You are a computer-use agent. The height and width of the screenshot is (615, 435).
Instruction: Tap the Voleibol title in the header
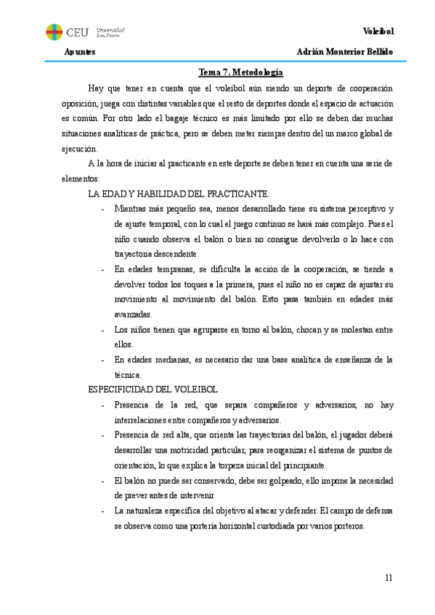coord(377,31)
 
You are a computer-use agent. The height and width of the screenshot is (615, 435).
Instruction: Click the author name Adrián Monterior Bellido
coord(345,53)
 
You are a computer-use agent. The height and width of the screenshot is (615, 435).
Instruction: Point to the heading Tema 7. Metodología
coord(240,73)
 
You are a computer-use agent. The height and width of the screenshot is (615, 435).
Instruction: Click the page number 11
coord(389,577)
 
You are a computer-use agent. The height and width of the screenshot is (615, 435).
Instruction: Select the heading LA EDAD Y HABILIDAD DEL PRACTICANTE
coord(179,194)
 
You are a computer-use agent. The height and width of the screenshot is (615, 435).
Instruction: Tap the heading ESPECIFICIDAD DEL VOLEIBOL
coord(158,389)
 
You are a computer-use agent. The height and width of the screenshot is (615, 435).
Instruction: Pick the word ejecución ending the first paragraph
coord(79,148)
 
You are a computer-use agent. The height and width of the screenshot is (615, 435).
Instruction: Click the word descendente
coord(171,254)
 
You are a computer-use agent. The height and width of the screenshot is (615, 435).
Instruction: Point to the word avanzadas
coord(133,314)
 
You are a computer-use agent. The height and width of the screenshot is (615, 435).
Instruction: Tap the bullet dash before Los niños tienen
coord(103,329)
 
